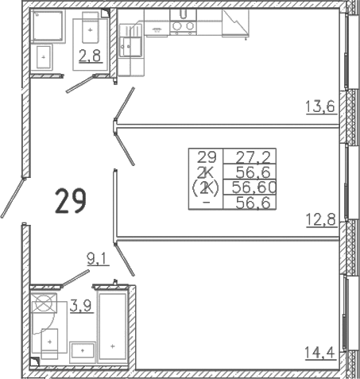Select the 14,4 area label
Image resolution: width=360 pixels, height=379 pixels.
point(320,353)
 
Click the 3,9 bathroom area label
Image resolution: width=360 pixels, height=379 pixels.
point(82,306)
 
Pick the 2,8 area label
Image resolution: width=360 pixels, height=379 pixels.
point(91,56)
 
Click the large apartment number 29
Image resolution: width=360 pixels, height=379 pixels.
point(71,200)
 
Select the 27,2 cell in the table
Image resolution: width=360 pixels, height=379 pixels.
point(253,157)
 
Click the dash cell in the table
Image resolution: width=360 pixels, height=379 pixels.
point(207,203)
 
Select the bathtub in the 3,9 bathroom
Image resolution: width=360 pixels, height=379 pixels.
point(113,327)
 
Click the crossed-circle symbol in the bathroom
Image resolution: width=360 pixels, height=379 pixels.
point(44,303)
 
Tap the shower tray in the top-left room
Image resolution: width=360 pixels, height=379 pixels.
point(48,25)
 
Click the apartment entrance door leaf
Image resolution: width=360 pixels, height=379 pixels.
point(13,198)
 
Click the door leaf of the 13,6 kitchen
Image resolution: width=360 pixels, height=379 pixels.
point(124,104)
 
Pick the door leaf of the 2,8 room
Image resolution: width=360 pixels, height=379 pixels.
point(80,84)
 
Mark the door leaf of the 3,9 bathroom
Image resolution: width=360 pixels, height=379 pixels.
point(75,278)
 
